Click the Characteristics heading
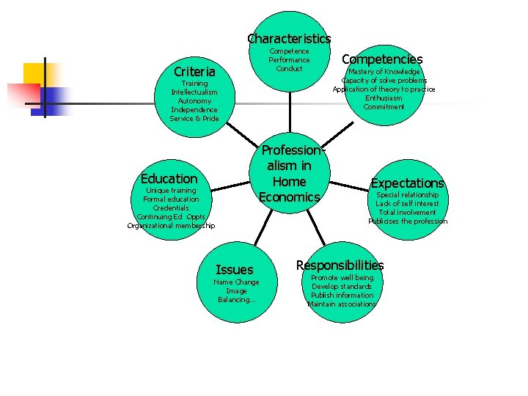pos(289,38)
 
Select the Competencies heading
pos(382,59)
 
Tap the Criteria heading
pos(194,72)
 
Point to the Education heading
pos(169,179)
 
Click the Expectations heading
pos(408,183)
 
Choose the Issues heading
pos(235,270)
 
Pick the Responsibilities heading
pos(340,265)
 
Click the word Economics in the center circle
pos(289,197)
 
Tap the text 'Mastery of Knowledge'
pos(384,72)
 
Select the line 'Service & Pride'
pos(194,119)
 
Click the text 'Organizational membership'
pos(171,226)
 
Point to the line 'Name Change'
pos(235,282)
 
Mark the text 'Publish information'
pos(342,296)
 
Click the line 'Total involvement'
pos(408,213)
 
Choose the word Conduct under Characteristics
pos(289,69)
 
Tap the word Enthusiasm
pos(384,98)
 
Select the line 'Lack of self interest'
pos(408,204)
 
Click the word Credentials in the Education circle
pos(171,208)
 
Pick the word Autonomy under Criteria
pos(194,101)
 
